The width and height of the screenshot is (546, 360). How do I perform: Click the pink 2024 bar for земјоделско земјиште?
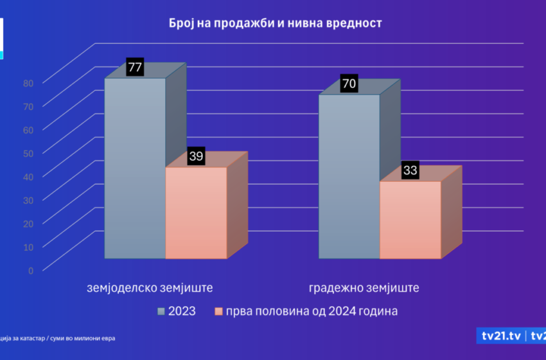pos(196,213)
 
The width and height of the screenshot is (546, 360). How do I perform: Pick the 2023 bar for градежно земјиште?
pos(349,177)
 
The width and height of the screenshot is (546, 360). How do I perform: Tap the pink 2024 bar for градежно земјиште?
pos(410,220)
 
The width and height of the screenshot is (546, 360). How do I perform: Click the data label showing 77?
pos(135,67)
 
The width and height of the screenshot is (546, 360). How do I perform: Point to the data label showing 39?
pos(196,156)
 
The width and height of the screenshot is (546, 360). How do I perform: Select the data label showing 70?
pos(349,84)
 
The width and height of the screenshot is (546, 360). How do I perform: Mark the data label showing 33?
pos(410,170)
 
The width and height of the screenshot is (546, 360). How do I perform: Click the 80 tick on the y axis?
pos(28,82)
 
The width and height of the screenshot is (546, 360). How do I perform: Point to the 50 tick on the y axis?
pos(28,152)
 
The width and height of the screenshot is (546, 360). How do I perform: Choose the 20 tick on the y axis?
pos(28,223)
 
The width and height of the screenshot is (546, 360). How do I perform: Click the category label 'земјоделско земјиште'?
pos(150,287)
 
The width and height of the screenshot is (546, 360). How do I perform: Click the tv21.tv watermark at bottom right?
pos(502,336)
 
